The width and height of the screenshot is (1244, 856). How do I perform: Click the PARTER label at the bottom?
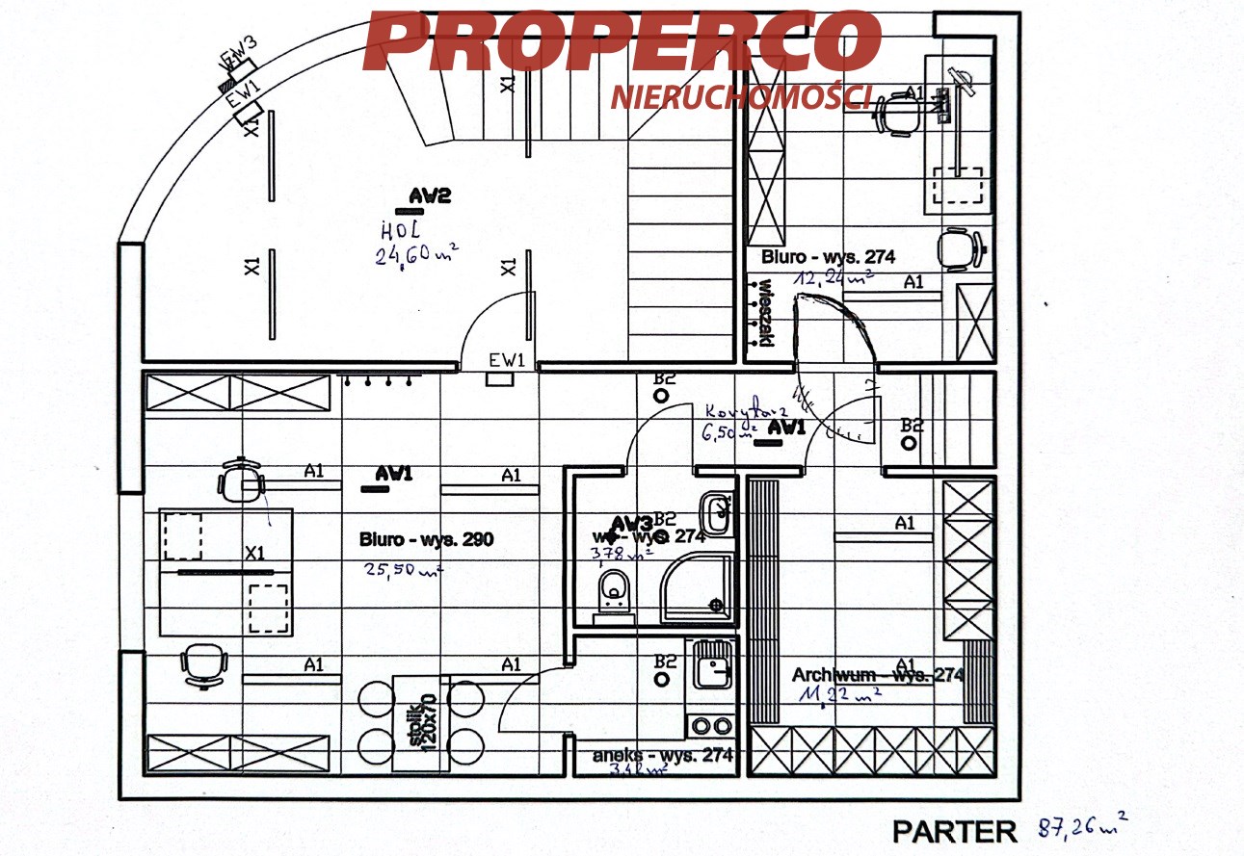click(x=954, y=831)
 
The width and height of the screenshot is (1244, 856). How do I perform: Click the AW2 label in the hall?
click(x=430, y=196)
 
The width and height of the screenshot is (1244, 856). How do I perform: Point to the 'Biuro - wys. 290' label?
click(x=426, y=539)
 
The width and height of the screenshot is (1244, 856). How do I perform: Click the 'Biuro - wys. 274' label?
click(x=828, y=257)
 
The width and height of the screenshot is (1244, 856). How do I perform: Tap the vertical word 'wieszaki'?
click(x=766, y=313)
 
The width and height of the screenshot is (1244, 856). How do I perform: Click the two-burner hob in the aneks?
click(x=711, y=725)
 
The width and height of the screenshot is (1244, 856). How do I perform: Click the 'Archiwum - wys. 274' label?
click(x=877, y=675)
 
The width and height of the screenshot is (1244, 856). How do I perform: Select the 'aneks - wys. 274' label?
click(x=662, y=755)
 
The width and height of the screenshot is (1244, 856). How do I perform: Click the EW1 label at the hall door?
click(x=507, y=361)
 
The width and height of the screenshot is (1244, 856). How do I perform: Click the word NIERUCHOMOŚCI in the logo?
click(x=741, y=95)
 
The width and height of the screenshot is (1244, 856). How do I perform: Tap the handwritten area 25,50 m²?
click(x=403, y=569)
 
